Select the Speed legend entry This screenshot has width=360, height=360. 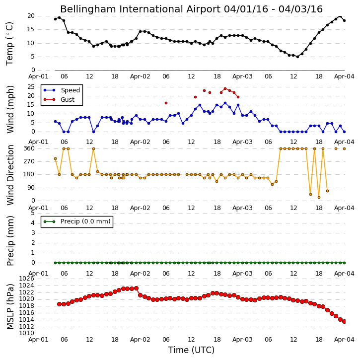click(x=62, y=90)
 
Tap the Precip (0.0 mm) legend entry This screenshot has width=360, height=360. click(x=77, y=221)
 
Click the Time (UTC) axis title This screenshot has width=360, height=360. click(x=191, y=350)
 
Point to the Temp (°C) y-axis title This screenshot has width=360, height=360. click(x=10, y=44)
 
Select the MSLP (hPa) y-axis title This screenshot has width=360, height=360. click(x=10, y=306)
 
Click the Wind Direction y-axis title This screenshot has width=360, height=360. click(x=10, y=175)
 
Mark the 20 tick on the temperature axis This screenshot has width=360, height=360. click(x=31, y=16)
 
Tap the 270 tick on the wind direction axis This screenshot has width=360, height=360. click(x=29, y=161)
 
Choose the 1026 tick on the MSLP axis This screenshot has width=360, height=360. click(x=27, y=279)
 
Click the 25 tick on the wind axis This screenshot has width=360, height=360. click(x=31, y=87)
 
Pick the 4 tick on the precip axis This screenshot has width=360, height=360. click(x=33, y=223)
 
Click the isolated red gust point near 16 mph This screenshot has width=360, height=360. click(x=166, y=103)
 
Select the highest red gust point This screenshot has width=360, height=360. click(x=225, y=88)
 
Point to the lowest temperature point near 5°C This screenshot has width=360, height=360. click(x=297, y=57)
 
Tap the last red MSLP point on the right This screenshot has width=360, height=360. click(x=344, y=321)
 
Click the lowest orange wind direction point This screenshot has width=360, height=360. click(x=319, y=197)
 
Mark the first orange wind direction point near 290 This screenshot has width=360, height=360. click(x=55, y=158)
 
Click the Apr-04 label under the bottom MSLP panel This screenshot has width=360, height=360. click(x=344, y=340)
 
